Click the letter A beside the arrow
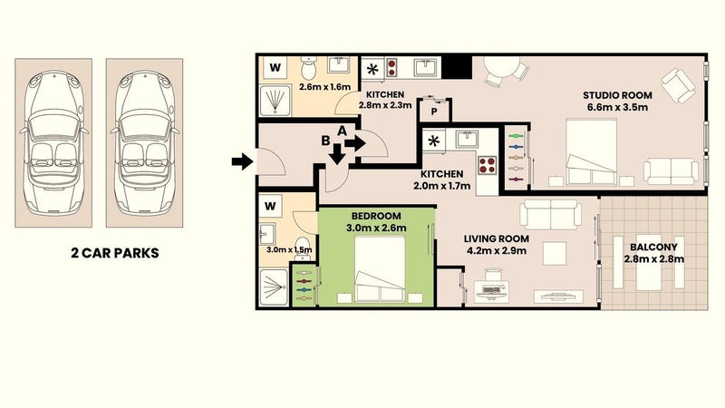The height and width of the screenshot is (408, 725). (x=342, y=131)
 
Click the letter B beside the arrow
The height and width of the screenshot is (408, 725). (x=326, y=141)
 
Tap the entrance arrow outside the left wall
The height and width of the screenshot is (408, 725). (x=242, y=161)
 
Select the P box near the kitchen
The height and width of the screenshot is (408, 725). (x=434, y=112)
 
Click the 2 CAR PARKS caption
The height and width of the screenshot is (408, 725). (x=115, y=253)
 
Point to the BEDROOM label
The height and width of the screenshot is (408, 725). (x=376, y=216)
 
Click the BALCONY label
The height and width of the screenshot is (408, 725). (x=653, y=247)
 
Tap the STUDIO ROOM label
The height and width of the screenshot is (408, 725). (x=617, y=95)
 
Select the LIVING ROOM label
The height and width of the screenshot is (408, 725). (x=496, y=238)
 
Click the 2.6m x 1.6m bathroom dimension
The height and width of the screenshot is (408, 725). (x=324, y=87)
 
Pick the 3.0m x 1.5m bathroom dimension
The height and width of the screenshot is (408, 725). (x=289, y=250)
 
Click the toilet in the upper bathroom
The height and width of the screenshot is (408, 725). (x=307, y=68)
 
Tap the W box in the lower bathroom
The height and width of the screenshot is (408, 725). (x=270, y=206)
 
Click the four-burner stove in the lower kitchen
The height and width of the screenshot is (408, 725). (x=488, y=165)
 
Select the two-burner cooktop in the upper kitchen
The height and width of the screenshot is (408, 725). (x=392, y=67)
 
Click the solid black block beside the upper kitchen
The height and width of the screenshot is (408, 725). (x=457, y=67)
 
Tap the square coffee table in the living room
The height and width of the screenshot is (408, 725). (x=554, y=253)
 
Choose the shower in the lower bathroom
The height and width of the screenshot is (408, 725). (x=274, y=287)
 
